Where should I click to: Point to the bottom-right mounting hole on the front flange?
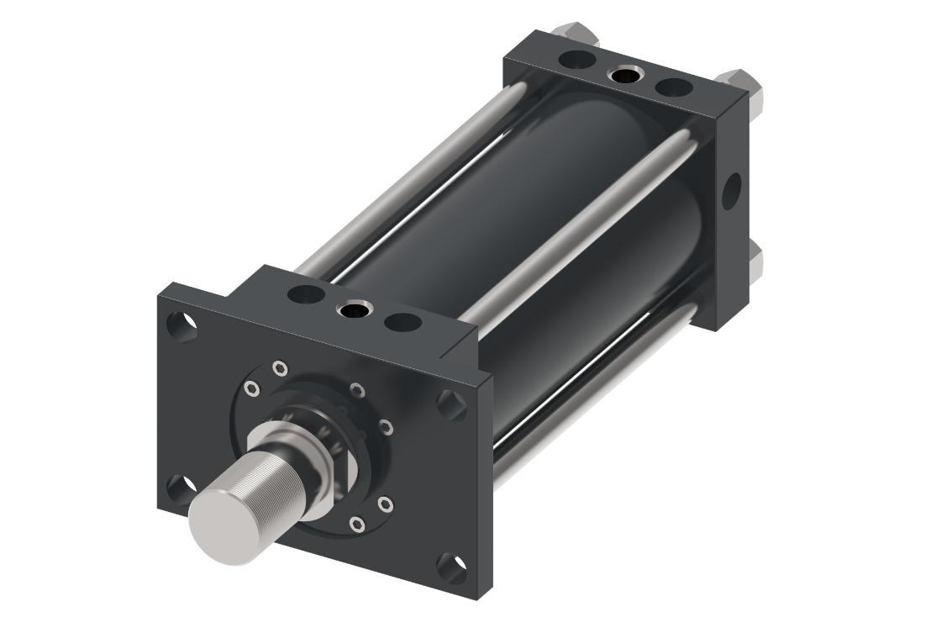point(451,567)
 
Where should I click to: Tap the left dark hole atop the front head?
point(306,295)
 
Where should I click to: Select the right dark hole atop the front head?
point(402,322)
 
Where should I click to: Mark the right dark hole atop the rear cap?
point(673,87)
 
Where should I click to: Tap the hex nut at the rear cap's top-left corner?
point(578,32)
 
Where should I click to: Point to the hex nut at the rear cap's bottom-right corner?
point(755,261)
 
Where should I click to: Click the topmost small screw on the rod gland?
point(280,367)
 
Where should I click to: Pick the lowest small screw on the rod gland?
point(358,525)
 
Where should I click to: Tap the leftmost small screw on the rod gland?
point(251,387)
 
